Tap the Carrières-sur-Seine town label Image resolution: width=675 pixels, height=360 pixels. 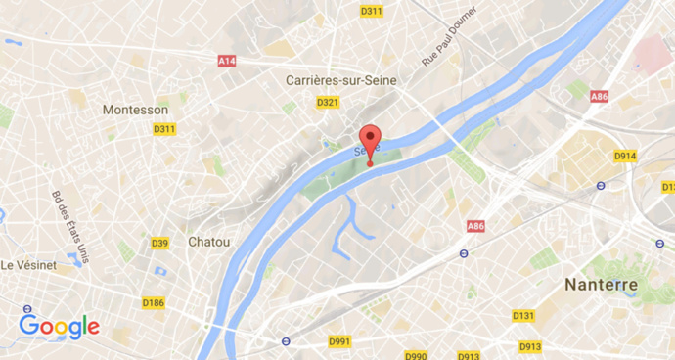333,79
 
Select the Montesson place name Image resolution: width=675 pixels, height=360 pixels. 135,110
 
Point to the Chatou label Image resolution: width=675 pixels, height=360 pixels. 209,241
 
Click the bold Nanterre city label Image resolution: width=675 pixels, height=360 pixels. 602,285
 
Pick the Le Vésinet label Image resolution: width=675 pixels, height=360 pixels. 32,265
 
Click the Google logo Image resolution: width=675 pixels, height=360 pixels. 59,326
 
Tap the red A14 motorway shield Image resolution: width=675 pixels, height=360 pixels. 227,61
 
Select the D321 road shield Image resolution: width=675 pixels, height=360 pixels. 327,102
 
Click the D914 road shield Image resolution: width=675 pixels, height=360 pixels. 624,156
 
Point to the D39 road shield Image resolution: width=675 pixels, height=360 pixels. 159,243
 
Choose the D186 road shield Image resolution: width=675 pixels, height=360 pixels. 153,302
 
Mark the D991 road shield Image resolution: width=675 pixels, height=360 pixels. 339,341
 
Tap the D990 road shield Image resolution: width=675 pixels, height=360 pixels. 417,356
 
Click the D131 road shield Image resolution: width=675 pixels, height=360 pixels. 523,316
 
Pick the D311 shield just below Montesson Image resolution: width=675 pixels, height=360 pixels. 163,129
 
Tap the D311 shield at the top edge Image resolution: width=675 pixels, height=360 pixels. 371,12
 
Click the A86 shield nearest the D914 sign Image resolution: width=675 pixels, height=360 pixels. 599,96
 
